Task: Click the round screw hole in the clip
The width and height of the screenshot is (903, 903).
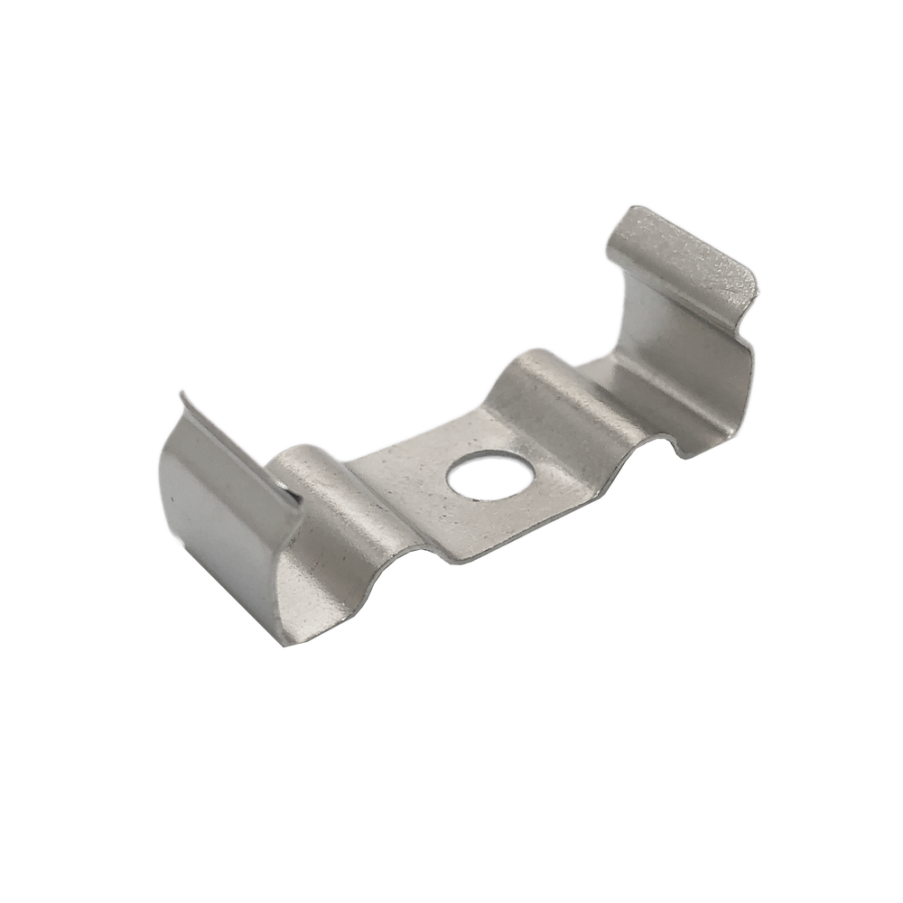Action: tap(490, 475)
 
